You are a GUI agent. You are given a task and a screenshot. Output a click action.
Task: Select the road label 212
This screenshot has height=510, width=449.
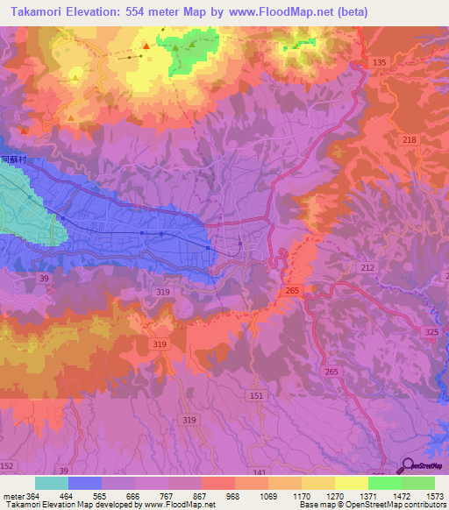click(367, 267)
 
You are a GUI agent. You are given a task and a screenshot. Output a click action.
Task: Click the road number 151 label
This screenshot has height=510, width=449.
click(254, 396)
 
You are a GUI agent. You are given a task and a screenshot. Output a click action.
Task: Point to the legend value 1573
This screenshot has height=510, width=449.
click(433, 496)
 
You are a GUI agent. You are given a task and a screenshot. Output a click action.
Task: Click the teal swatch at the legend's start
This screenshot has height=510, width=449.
click(52, 483)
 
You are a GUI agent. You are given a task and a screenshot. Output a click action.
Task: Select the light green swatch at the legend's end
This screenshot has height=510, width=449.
click(418, 483)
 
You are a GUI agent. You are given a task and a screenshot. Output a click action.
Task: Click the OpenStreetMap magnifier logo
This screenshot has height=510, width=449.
click(408, 466)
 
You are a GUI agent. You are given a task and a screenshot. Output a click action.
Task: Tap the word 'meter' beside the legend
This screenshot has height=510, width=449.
click(13, 496)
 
